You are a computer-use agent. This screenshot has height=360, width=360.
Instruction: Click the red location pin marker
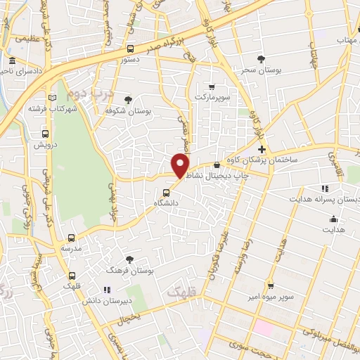click(181, 165)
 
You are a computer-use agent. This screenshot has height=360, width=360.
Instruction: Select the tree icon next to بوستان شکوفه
click(127, 100)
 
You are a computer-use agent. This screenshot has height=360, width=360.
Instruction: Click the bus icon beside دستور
click(131, 49)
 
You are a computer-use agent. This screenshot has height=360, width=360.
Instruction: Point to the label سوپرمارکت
click(212, 96)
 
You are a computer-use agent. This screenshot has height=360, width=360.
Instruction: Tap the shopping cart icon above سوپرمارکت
click(212, 86)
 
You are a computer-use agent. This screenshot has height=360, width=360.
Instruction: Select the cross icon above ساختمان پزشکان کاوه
click(262, 149)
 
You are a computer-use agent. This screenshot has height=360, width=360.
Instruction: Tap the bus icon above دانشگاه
click(167, 192)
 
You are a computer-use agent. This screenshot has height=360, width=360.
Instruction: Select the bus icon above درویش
click(45, 134)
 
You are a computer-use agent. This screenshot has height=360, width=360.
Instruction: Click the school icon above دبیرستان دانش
click(107, 290)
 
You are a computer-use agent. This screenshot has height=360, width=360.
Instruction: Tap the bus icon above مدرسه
click(71, 238)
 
